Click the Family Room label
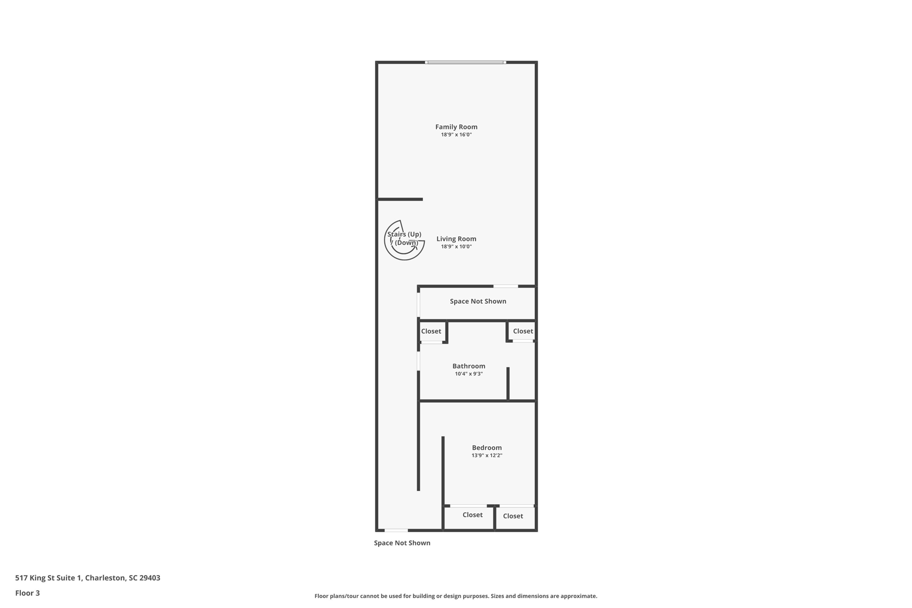(456, 127)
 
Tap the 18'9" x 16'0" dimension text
(456, 135)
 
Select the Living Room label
(456, 239)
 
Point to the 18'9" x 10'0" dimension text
(456, 247)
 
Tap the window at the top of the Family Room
(465, 62)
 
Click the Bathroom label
(468, 366)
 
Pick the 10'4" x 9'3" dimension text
(468, 374)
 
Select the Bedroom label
(487, 448)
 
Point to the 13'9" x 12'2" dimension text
(487, 456)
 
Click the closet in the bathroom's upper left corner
(432, 331)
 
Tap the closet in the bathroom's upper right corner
(522, 331)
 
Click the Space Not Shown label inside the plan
(478, 302)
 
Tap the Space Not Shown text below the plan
(402, 543)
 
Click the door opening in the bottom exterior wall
(396, 530)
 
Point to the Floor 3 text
(28, 593)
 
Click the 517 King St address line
(88, 578)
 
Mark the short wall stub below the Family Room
(400, 199)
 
